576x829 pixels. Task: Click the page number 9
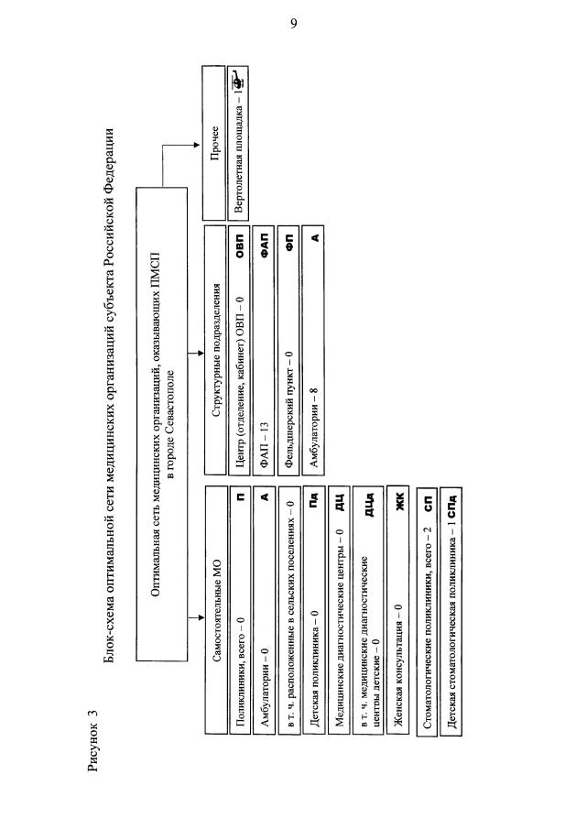click(x=293, y=25)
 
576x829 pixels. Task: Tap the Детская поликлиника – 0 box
click(x=315, y=610)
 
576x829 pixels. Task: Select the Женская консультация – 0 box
click(x=399, y=610)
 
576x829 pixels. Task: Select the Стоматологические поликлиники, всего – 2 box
click(x=427, y=610)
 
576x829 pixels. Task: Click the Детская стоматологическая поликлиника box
click(x=451, y=610)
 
